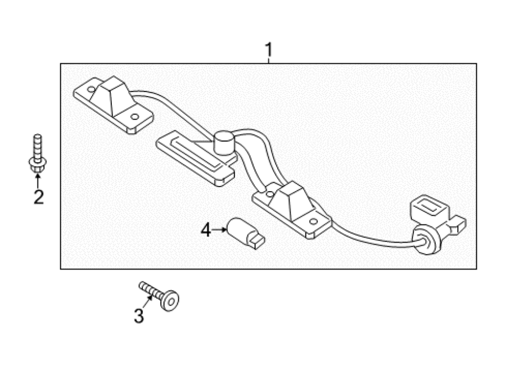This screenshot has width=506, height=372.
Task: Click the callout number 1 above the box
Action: point(269,50)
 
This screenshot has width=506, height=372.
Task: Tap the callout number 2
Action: point(39,197)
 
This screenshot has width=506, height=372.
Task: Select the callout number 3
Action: point(139,316)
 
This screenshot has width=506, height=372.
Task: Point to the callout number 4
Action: point(206,230)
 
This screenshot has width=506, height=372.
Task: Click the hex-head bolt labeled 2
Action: point(38,153)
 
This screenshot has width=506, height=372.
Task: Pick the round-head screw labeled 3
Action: point(159,296)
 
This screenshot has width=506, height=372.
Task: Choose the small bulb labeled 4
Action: point(246,233)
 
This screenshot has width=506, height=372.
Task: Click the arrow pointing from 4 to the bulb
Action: point(219,230)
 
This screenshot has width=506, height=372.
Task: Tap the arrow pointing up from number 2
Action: point(38,181)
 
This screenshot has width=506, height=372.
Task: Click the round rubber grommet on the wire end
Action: point(426,241)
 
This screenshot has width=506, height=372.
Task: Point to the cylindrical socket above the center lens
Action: point(224,142)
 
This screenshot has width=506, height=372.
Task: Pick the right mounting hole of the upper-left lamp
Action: point(134,117)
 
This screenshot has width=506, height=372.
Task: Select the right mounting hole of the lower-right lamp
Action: point(313,221)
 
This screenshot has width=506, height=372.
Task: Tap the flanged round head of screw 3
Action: point(170,301)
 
